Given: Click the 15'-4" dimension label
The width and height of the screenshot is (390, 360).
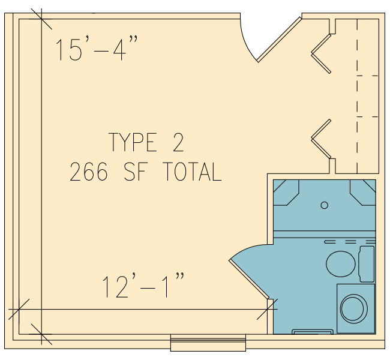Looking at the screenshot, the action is (96, 48).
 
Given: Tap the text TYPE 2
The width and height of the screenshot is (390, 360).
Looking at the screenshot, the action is (146, 142).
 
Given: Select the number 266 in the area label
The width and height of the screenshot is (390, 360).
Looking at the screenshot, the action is (89, 172).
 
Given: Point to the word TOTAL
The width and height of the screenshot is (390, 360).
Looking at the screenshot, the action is (192, 172).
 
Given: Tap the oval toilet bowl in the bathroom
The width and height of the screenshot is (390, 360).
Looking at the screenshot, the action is (341, 264).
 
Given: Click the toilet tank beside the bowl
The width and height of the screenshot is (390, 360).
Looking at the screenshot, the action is (367, 264).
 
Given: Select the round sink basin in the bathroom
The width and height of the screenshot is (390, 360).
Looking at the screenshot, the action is (353, 308).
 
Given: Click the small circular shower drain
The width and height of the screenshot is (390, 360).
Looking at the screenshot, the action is (325, 205).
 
